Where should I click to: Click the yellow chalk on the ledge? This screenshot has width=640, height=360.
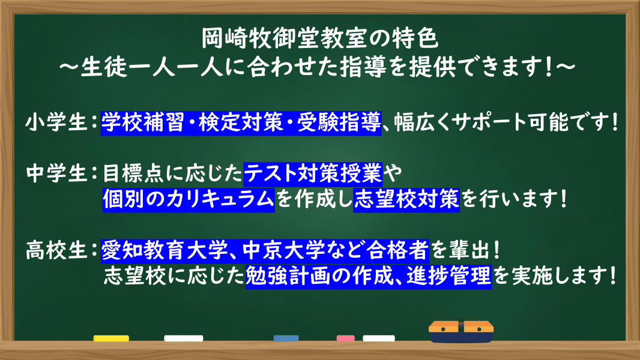click(111, 338)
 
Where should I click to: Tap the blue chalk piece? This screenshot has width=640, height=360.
click(286, 338)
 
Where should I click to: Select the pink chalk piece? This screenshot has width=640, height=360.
click(345, 338)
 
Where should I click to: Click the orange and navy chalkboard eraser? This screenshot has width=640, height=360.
click(461, 331)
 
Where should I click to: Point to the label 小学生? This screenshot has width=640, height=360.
click(56, 122)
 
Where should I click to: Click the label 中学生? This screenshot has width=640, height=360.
click(56, 173)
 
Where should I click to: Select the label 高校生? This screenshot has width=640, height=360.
click(56, 250)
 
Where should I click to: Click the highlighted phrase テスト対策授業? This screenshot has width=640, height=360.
click(313, 173)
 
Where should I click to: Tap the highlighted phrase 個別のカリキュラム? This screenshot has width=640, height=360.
click(189, 199)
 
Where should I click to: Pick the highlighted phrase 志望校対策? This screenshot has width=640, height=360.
click(406, 199)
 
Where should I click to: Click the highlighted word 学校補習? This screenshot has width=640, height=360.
click(142, 122)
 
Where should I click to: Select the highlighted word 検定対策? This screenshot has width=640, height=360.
click(241, 122)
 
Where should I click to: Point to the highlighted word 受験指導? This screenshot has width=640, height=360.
click(339, 122)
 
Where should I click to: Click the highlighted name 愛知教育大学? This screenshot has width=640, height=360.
click(164, 250)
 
